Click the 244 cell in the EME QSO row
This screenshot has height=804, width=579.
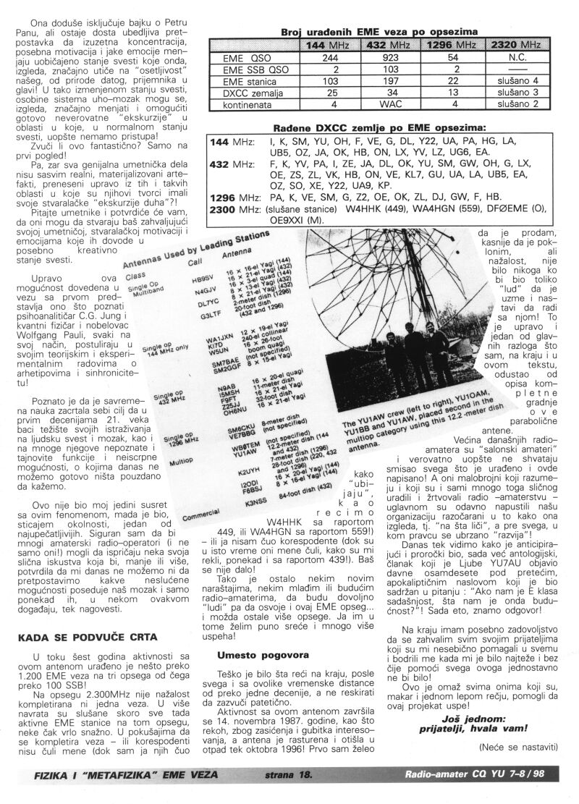pyautogui.click(x=330, y=57)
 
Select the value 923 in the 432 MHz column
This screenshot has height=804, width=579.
pyautogui.click(x=390, y=57)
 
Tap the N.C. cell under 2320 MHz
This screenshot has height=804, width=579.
pyautogui.click(x=517, y=57)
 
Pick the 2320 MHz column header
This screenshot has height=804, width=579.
pyautogui.click(x=516, y=45)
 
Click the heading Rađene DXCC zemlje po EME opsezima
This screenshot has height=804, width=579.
pyautogui.click(x=378, y=127)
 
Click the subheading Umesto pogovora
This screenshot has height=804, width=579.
pyautogui.click(x=253, y=655)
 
